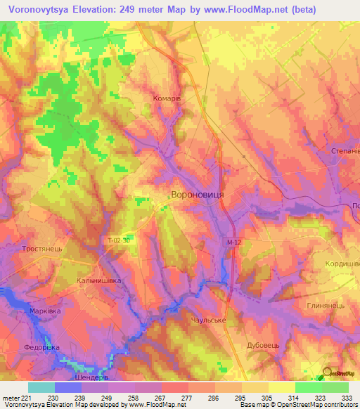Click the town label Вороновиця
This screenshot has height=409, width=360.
[x=198, y=192]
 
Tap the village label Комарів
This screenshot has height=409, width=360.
[x=167, y=99]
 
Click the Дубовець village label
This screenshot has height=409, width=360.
[x=264, y=346]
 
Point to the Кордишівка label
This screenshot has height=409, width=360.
[x=338, y=262]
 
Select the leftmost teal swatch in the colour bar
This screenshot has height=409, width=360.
[x=41, y=387]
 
